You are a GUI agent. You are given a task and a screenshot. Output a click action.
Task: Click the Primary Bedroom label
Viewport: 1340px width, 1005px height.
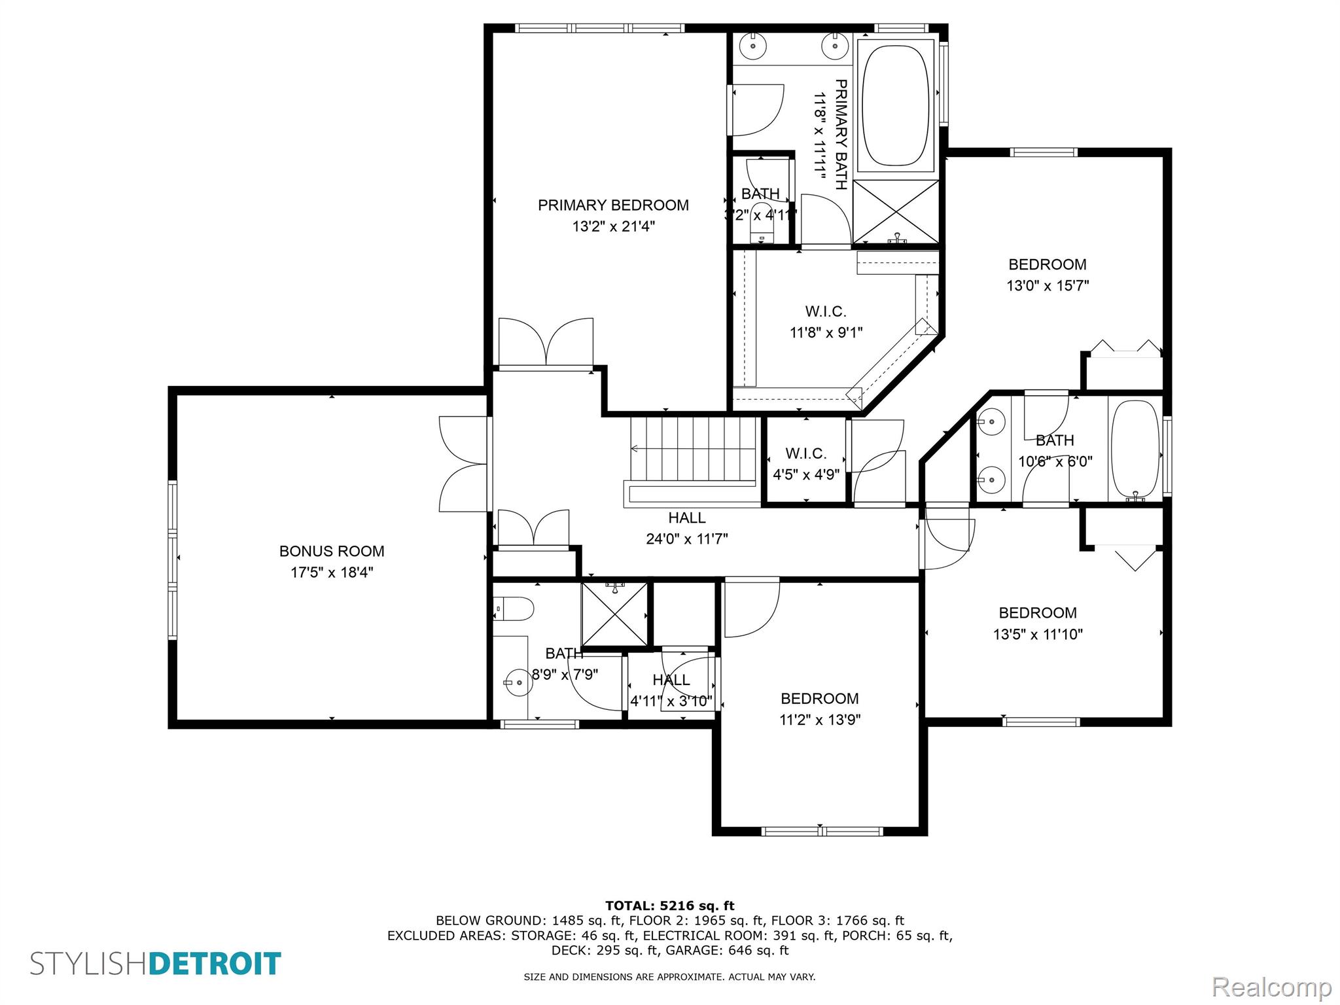coord(613,215)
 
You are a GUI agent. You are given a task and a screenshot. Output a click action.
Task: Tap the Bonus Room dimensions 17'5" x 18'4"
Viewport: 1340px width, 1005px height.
coord(332,573)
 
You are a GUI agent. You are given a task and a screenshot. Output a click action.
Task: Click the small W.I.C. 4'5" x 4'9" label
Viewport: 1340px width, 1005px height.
coord(806,464)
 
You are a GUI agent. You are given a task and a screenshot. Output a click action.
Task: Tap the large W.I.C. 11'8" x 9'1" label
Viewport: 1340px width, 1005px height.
coord(826,322)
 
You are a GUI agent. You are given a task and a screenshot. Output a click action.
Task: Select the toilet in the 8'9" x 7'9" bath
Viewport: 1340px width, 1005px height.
coord(514,609)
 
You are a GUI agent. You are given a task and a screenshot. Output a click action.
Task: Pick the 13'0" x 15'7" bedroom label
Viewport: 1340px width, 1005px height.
coord(1048,275)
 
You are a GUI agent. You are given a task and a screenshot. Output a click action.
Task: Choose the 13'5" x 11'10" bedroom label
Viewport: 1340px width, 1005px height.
coord(1038,624)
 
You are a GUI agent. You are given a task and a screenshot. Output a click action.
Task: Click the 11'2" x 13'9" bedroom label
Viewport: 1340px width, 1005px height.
coord(820,709)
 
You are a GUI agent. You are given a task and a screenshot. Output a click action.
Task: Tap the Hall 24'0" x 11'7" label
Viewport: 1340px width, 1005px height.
coord(687,528)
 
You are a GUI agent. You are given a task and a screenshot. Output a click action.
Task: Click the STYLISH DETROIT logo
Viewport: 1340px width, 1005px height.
coord(156,964)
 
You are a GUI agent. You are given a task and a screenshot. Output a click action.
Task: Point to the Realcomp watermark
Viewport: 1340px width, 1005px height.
coord(1272,987)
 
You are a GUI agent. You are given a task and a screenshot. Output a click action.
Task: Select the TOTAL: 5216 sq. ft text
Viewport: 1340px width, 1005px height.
coord(670,906)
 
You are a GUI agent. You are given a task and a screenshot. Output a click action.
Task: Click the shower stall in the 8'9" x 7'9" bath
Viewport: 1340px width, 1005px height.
coord(614,614)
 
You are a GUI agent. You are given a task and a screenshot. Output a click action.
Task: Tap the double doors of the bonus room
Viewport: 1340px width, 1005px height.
coord(463,464)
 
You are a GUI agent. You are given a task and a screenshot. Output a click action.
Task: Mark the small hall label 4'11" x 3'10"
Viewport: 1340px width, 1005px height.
coord(671,691)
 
